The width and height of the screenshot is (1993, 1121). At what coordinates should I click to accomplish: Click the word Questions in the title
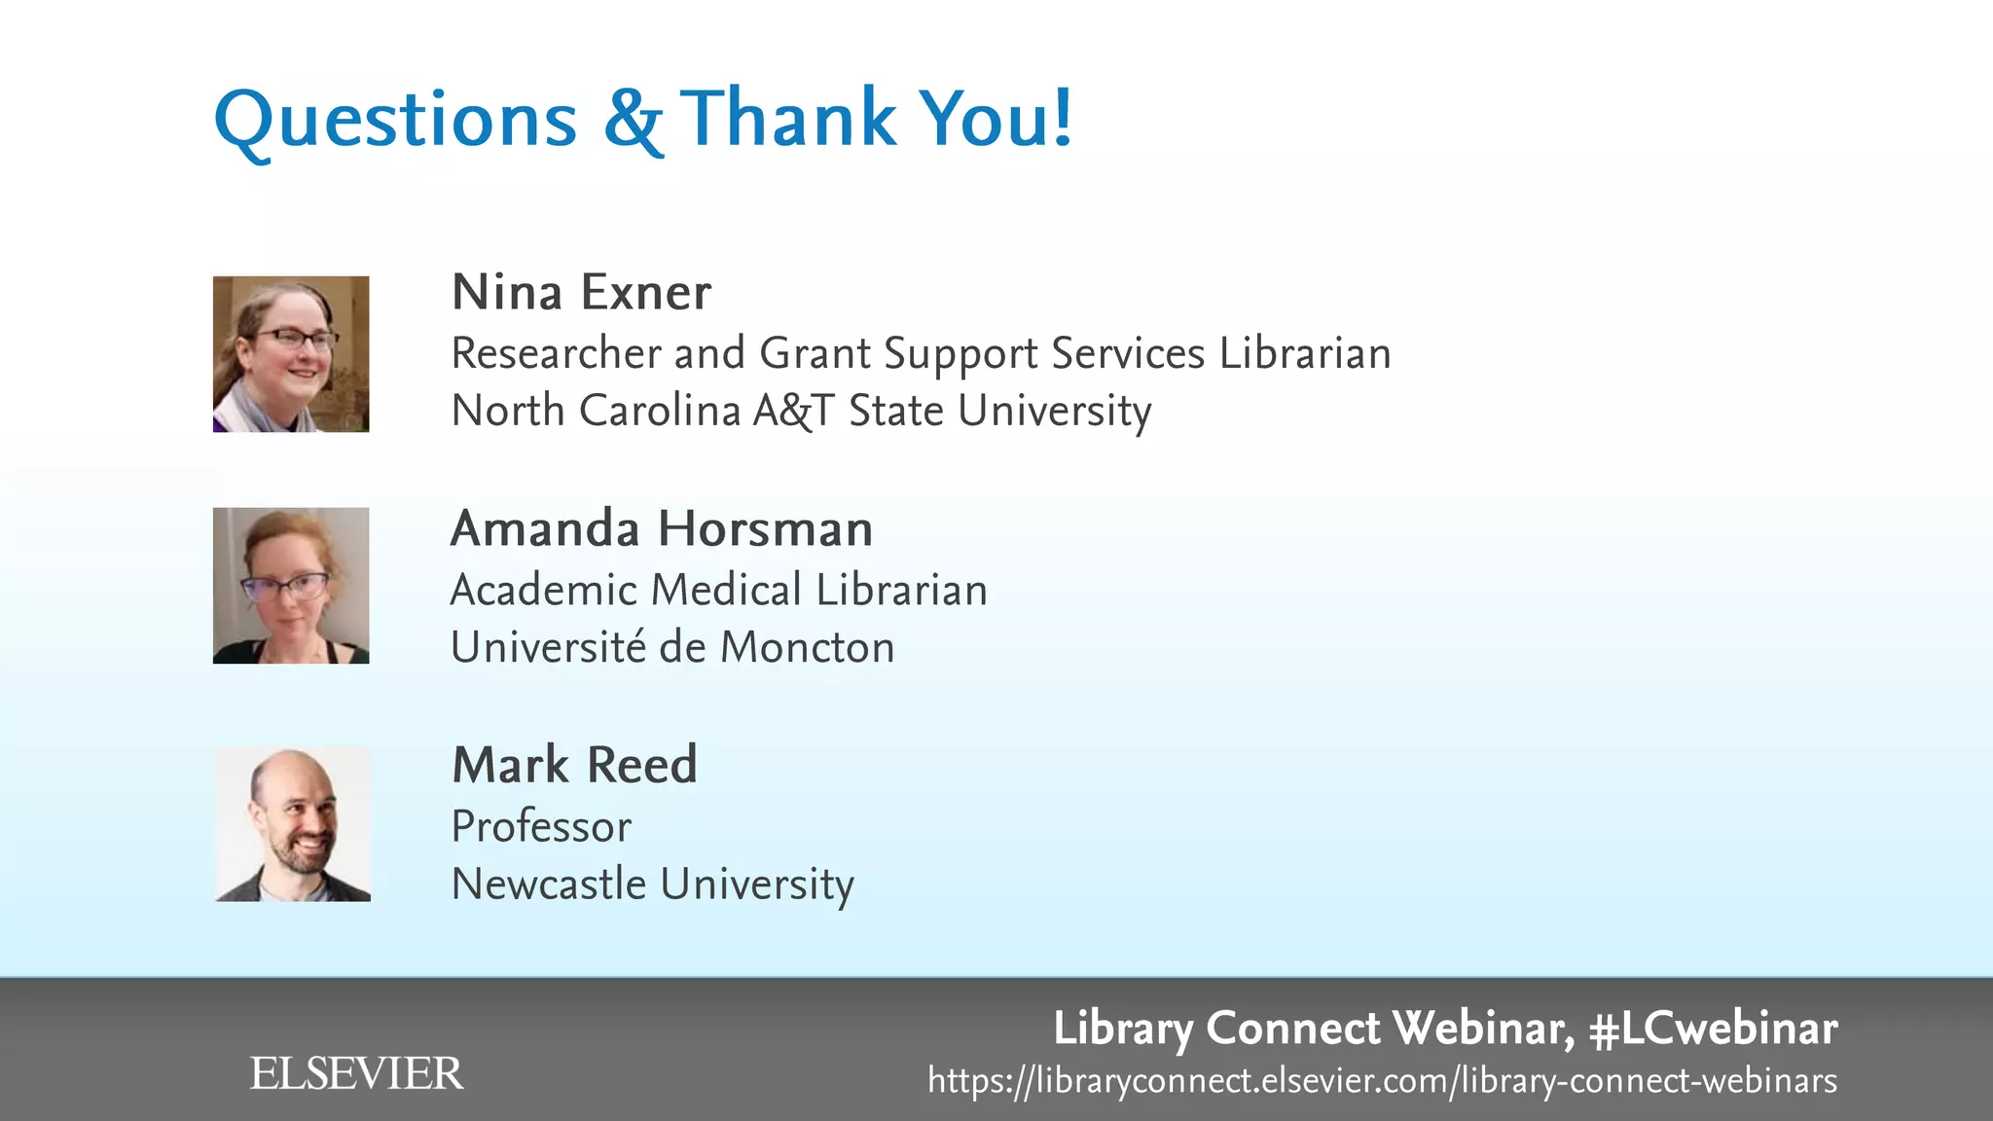395,121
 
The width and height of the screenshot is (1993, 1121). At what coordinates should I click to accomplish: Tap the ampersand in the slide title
633,121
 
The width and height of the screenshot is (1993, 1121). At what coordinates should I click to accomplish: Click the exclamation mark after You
1063,117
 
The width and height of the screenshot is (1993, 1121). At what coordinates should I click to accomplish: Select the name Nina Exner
581,292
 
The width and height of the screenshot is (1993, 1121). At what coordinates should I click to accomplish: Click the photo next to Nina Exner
291,354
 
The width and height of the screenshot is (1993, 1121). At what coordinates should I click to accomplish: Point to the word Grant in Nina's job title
815,353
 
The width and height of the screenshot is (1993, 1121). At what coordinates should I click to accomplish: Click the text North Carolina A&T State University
801,411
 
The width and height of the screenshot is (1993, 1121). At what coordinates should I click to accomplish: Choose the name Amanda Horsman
662,529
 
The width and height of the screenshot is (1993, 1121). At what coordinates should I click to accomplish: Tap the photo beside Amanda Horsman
291,586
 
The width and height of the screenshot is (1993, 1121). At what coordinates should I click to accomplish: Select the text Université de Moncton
672,648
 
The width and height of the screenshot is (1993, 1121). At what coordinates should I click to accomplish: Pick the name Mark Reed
574,765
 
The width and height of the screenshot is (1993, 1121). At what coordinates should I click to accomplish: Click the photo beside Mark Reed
292,824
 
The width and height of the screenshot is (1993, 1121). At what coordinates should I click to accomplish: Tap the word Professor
541,827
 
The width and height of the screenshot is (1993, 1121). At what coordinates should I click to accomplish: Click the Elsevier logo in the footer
356,1073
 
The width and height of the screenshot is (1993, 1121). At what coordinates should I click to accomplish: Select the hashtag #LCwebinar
1713,1029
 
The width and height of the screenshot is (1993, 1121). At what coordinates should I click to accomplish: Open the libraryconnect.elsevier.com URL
1382,1081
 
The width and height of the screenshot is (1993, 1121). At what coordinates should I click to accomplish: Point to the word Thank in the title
786,119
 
